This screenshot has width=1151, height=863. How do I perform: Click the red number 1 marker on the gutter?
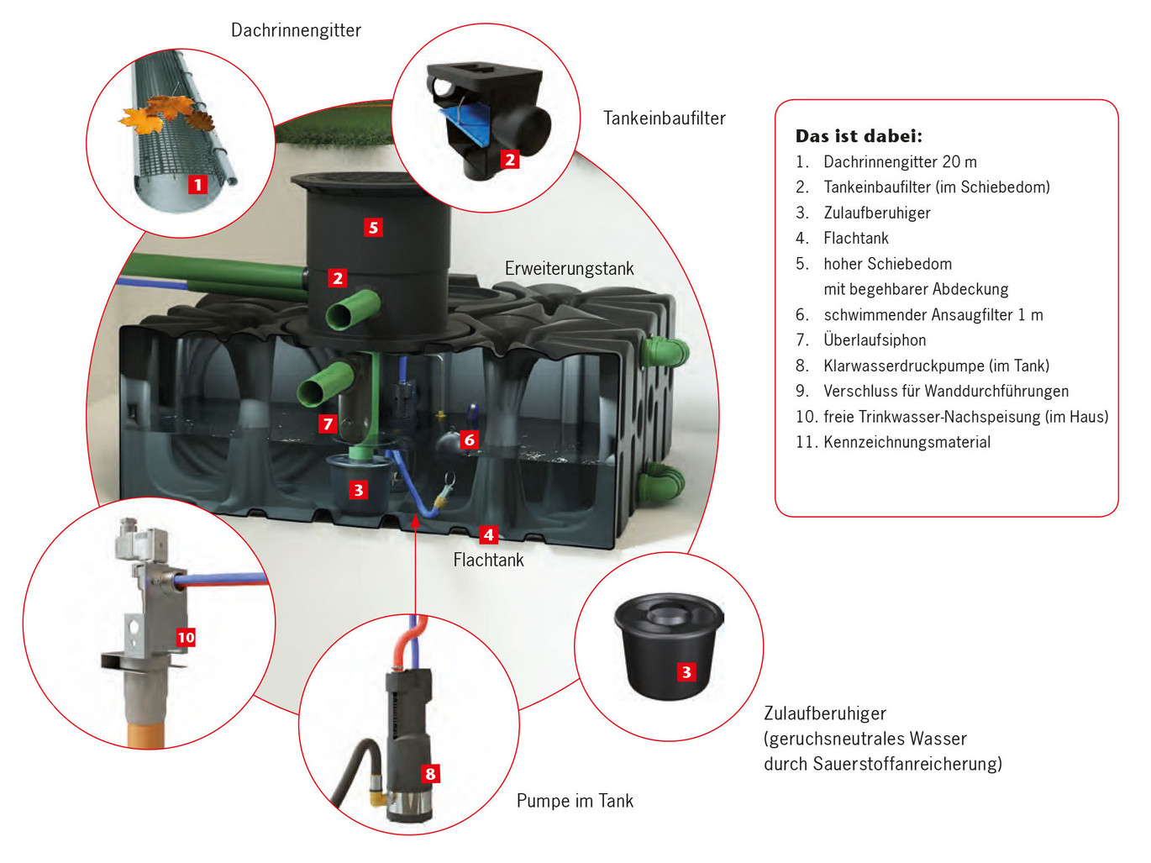[x=197, y=184]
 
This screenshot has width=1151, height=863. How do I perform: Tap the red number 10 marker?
[x=186, y=637]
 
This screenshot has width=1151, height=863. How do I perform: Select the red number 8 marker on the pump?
[x=430, y=774]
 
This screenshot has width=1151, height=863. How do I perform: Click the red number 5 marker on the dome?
[x=373, y=227]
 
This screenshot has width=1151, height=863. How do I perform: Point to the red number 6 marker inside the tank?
[x=469, y=439]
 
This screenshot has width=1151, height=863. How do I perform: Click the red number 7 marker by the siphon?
[x=328, y=424]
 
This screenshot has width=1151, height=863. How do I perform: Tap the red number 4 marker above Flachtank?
[x=488, y=534]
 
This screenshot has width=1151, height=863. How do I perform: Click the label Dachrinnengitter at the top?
[x=296, y=30]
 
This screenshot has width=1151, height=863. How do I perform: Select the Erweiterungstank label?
[x=569, y=269]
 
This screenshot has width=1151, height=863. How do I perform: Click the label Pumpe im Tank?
[x=575, y=801]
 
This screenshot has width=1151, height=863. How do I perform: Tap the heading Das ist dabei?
[x=859, y=136]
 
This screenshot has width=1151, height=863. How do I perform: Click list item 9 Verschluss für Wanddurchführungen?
[x=945, y=392]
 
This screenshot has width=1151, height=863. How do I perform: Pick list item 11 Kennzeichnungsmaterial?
[x=906, y=442]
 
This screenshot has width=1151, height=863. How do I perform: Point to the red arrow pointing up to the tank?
[x=415, y=563]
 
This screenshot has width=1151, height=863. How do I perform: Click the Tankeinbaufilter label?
[x=664, y=118]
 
